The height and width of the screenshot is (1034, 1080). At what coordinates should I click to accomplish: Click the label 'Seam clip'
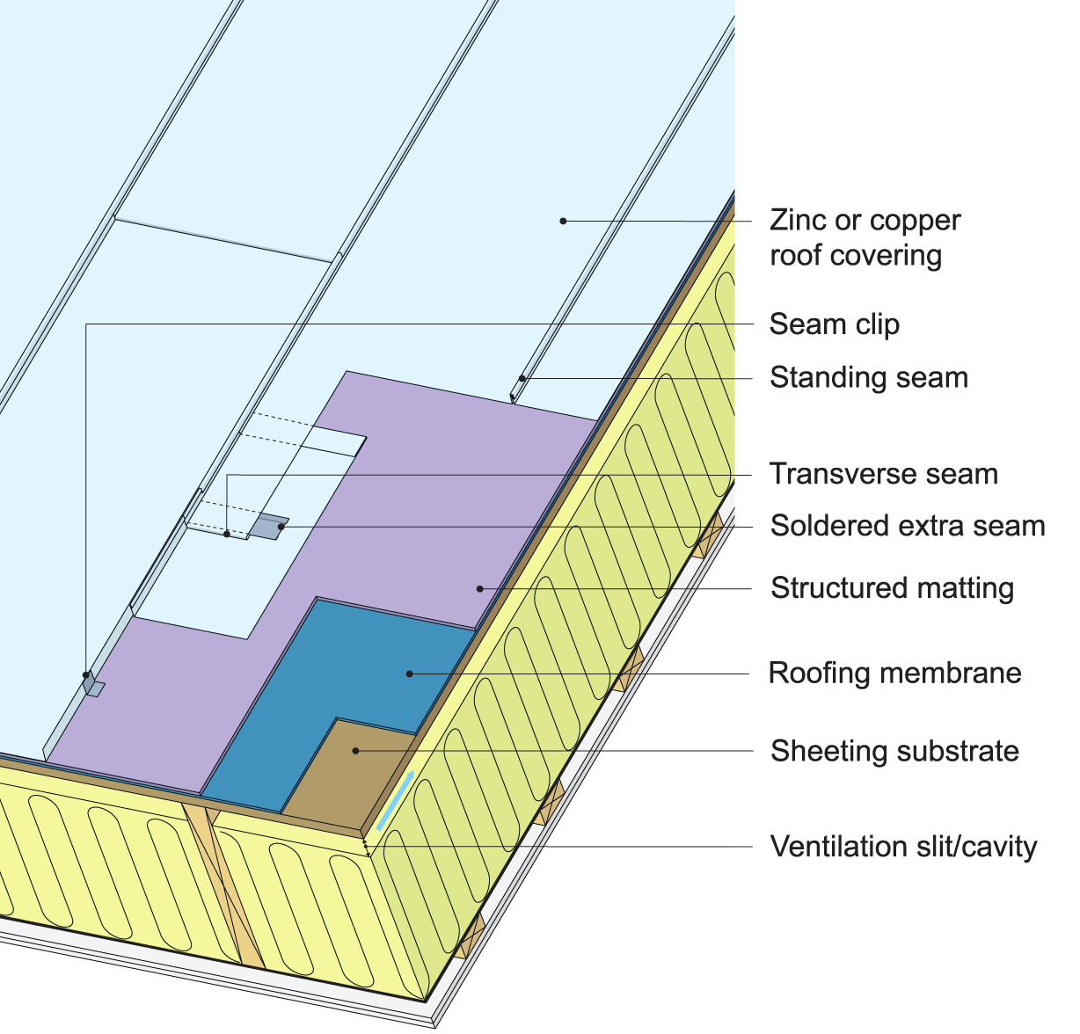834,324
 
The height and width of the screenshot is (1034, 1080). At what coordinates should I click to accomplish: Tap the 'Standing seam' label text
868,377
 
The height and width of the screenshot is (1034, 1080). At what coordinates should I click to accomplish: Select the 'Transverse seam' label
883,474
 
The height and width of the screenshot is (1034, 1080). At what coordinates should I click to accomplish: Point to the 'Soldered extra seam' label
907,526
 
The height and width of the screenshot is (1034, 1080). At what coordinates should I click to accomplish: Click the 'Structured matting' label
892,587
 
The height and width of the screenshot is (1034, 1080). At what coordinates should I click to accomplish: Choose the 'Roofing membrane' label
894,674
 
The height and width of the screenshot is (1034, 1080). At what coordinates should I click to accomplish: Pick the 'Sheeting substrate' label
894,751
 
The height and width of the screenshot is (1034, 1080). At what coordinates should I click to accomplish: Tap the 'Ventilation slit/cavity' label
903,847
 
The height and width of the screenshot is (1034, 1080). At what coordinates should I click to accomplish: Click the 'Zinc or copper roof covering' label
865,237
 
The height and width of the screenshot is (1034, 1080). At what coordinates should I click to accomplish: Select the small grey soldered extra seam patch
268,526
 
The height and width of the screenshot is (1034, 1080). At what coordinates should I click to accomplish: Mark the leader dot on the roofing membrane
410,674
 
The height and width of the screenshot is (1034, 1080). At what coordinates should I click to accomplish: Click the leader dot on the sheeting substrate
355,751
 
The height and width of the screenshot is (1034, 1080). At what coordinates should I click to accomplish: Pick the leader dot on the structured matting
479,587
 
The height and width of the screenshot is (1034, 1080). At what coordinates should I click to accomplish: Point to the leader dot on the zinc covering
563,221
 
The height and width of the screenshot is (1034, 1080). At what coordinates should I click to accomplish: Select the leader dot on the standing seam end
522,379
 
